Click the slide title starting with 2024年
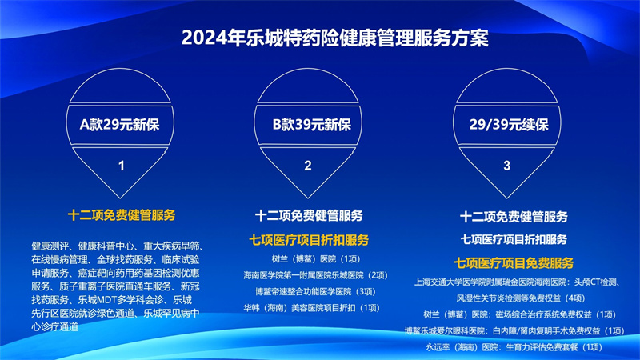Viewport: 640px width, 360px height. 334,38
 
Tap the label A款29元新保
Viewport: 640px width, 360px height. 119,125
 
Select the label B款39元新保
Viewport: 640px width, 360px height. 312,125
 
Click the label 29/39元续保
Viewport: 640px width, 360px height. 509,125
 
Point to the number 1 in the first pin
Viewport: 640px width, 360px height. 122,166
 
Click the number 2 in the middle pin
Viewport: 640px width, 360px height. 308,166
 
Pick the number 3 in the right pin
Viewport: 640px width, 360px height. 506,166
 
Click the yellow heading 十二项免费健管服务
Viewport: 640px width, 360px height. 122,215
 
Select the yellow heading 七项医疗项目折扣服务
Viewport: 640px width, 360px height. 309,239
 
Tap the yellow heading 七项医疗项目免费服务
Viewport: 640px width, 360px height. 514,263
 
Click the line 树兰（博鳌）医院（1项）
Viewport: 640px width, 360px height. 316,258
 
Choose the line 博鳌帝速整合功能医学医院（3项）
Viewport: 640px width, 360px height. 315,291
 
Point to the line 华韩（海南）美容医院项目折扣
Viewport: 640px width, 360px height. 311,308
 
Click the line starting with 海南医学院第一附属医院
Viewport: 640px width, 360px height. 315,275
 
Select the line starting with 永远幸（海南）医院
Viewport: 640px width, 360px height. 514,347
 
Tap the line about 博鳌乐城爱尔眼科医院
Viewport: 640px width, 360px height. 514,330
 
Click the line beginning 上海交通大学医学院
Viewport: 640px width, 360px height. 518,282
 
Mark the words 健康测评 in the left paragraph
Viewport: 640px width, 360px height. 50,246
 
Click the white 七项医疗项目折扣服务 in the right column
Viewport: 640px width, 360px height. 514,239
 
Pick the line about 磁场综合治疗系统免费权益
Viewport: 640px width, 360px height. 519,314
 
